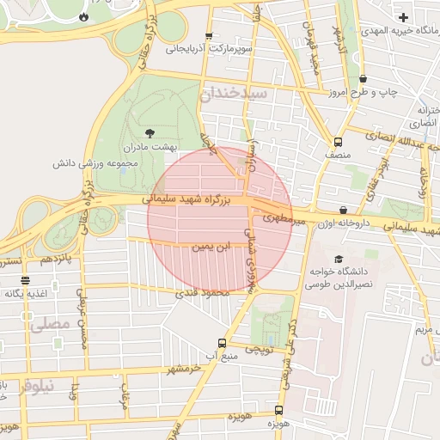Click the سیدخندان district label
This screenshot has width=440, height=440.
click(x=235, y=92)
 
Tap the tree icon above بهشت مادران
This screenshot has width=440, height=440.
click(x=150, y=133)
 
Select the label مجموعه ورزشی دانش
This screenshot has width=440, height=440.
click(x=89, y=162)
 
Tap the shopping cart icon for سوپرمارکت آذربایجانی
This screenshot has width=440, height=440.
click(x=208, y=37)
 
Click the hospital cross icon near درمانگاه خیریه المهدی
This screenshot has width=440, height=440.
click(x=404, y=17)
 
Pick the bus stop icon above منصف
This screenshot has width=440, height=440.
click(x=338, y=142)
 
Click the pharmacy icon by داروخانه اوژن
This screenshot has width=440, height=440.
click(x=344, y=209)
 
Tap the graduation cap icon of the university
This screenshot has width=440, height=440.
click(x=339, y=259)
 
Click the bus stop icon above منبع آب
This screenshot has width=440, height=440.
click(x=222, y=343)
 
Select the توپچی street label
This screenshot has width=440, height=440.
click(x=259, y=350)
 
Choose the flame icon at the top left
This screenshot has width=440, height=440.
click(x=83, y=16)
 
